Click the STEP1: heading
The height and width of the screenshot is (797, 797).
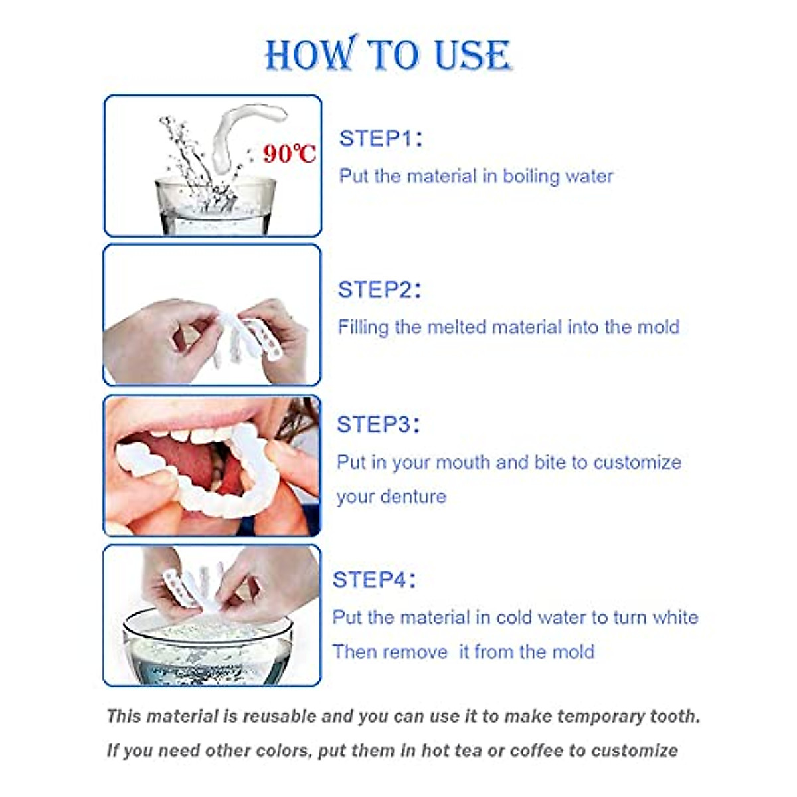(x=380, y=139)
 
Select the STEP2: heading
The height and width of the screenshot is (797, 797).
(x=379, y=290)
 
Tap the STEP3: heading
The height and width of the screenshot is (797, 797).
(x=378, y=425)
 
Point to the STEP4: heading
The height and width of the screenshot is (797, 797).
(x=374, y=580)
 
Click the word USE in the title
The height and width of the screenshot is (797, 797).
(x=472, y=55)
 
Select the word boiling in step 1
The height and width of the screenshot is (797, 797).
(x=531, y=177)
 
